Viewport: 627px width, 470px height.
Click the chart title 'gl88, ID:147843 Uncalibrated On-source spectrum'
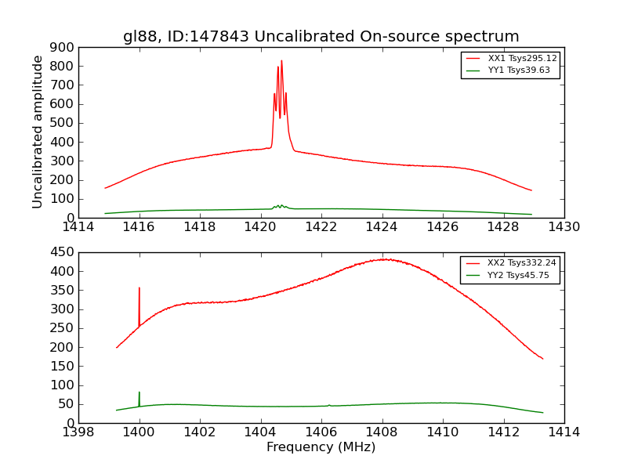coord(321,36)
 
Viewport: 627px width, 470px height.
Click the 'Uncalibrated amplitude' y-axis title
coord(38,132)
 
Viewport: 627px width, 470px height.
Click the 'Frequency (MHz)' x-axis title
coord(321,447)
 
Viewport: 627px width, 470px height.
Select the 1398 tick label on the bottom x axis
coord(78,432)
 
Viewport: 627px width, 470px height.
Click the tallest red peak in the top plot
coord(281,61)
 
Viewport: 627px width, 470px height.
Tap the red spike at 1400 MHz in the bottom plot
coord(140,288)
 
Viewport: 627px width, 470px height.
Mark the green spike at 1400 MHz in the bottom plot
coord(140,392)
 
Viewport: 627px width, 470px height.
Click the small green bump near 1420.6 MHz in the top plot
coord(279,205)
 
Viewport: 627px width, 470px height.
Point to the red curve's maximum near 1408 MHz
coord(385,259)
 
